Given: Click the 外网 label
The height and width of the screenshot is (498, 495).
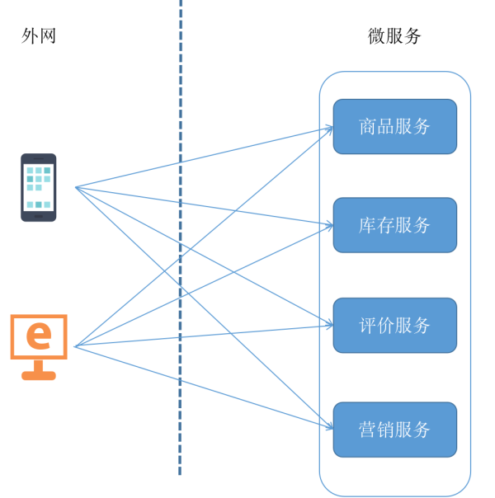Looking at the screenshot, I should click(x=39, y=36).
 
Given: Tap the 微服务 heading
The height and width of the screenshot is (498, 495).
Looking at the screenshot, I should click(x=394, y=36).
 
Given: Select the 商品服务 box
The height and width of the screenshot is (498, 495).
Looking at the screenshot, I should click(x=394, y=126).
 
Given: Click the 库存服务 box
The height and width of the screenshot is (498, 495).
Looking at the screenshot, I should click(x=394, y=225).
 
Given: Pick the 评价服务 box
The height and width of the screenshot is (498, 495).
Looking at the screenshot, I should click(x=394, y=325).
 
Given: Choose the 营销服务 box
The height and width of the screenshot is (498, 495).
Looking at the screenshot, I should click(x=394, y=430).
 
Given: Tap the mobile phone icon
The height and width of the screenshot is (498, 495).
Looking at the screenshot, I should click(x=39, y=187).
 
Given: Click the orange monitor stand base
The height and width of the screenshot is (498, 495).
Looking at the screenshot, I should click(x=38, y=375).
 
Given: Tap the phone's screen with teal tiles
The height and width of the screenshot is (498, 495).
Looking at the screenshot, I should click(x=39, y=187).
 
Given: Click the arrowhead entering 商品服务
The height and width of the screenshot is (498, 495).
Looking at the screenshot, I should click(x=330, y=128).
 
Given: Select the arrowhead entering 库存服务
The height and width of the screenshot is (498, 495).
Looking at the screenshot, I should click(x=330, y=225).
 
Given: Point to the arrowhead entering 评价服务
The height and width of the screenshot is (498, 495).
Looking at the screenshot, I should click(x=330, y=325).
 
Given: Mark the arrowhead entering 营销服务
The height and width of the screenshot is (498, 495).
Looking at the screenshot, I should click(x=330, y=429).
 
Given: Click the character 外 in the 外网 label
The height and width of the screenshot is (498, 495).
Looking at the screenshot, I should click(x=31, y=36).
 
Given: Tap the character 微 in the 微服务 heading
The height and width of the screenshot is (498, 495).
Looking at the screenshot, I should click(x=377, y=36).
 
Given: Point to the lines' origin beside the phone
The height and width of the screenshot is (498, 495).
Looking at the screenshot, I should click(x=76, y=187).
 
